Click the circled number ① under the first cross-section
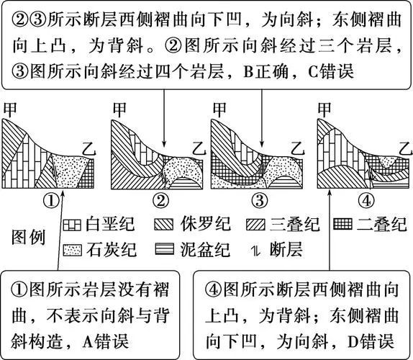pyautogui.click(x=51, y=201)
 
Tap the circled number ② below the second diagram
pyautogui.click(x=160, y=201)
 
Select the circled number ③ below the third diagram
pyautogui.click(x=260, y=201)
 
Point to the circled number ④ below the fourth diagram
pyautogui.click(x=366, y=201)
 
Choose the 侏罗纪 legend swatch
pyautogui.click(x=164, y=225)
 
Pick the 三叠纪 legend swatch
pyautogui.click(x=255, y=225)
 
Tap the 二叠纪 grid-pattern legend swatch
pyautogui.click(x=342, y=224)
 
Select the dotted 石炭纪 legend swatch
pyautogui.click(x=73, y=250)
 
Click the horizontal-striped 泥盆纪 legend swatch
pyautogui.click(x=165, y=248)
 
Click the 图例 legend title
pyautogui.click(x=29, y=238)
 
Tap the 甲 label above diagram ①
pyautogui.click(x=10, y=109)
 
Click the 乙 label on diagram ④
pyautogui.click(x=405, y=149)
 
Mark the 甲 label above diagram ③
pyautogui.click(x=219, y=109)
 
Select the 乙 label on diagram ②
pyautogui.click(x=199, y=149)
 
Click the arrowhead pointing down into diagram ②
pyautogui.click(x=164, y=143)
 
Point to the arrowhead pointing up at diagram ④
pyautogui.click(x=330, y=193)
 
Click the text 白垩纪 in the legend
pyautogui.click(x=110, y=225)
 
